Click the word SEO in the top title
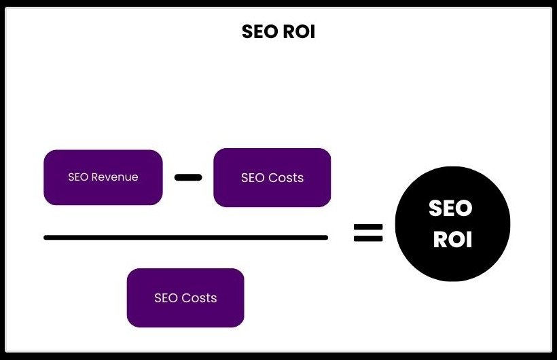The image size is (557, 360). pos(259,32)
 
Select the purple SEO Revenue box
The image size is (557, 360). pos(103,177)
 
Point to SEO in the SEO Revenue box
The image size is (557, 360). pos(78,177)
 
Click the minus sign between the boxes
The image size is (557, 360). pos(188,178)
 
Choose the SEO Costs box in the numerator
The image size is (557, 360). pos(272,178)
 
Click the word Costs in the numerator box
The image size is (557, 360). pos(286,178)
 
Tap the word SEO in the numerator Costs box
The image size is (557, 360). pos(253,178)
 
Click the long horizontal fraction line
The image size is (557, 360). pos(185,238)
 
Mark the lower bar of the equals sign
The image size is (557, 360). pos(368,239)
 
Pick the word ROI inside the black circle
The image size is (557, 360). pos(452,240)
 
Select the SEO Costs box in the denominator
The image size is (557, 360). pos(185,298)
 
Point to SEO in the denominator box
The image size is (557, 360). pos(166,298)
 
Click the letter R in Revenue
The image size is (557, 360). pos(94,177)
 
